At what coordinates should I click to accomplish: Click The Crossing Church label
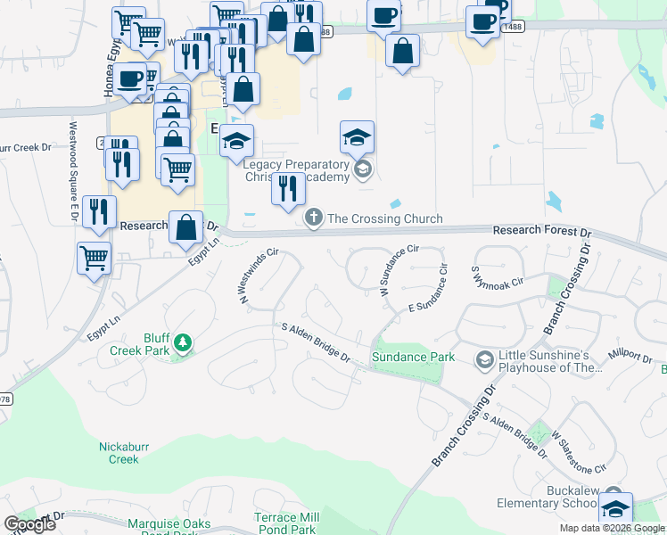click(385, 219)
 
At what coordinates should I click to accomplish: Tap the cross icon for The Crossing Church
click(314, 218)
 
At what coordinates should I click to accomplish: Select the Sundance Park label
click(413, 358)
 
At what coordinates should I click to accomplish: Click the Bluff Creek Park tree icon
click(182, 342)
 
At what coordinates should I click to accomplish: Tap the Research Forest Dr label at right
click(542, 231)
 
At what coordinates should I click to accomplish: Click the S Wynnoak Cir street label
click(497, 276)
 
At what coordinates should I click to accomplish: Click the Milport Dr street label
click(631, 356)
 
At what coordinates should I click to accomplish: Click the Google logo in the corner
click(30, 524)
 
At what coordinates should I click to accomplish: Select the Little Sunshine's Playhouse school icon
click(486, 359)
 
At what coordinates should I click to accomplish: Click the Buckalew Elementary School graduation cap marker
click(615, 507)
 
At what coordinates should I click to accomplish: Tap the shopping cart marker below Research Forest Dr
click(94, 258)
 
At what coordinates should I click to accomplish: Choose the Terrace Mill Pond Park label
click(286, 523)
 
